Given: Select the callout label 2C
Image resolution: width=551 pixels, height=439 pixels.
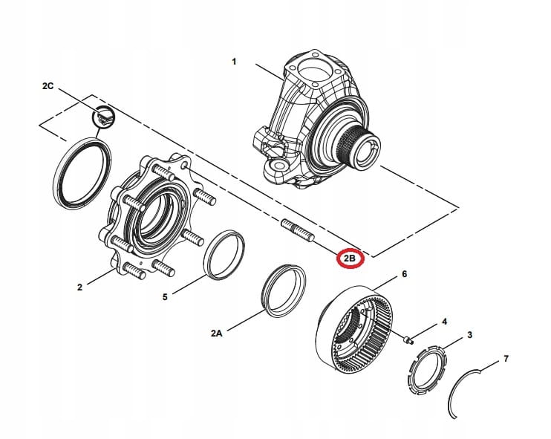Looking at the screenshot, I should pyautogui.click(x=48, y=87).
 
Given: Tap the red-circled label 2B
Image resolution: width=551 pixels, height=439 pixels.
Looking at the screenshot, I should pyautogui.click(x=349, y=259).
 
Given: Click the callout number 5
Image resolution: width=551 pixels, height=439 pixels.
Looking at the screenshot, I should pyautogui.click(x=165, y=297).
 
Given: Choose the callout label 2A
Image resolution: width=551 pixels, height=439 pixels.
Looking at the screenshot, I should pyautogui.click(x=216, y=334).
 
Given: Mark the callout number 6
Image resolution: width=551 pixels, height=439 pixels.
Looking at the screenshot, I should pyautogui.click(x=404, y=274).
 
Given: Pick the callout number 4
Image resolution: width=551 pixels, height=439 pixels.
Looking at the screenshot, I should pyautogui.click(x=444, y=322).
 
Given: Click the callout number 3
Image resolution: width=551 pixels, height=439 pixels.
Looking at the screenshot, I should pyautogui.click(x=469, y=336).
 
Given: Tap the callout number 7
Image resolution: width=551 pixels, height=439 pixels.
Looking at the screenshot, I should pyautogui.click(x=506, y=359).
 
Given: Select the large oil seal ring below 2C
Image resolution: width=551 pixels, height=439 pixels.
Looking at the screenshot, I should pyautogui.click(x=82, y=171).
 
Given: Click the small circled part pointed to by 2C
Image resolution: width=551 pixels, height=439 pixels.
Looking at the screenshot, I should pyautogui.click(x=103, y=116).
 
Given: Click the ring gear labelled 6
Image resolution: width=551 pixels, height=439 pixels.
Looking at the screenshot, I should pyautogui.click(x=357, y=328).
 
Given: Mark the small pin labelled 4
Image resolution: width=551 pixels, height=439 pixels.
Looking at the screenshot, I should pyautogui.click(x=408, y=340).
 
